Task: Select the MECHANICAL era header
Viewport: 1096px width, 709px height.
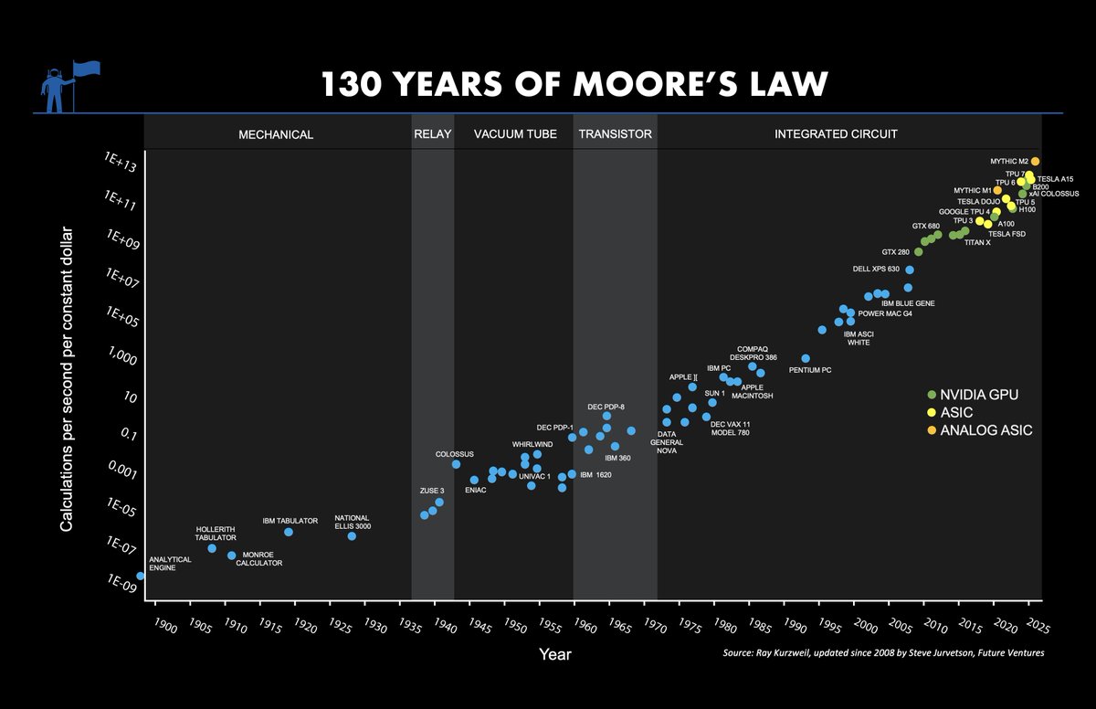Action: point(276,134)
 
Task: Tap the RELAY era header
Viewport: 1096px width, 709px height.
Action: point(432,134)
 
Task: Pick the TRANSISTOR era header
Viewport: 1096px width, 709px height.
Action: point(615,134)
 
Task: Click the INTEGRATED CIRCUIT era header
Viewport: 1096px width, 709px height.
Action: point(836,134)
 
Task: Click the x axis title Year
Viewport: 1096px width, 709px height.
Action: point(555,654)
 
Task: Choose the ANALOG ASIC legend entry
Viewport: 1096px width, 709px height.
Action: point(985,429)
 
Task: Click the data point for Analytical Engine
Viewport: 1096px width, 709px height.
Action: point(141,576)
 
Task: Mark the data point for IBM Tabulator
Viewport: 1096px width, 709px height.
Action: point(289,532)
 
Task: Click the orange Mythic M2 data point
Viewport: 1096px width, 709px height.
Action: point(1035,161)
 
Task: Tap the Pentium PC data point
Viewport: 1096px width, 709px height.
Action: point(805,358)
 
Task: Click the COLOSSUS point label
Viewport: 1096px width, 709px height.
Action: point(454,454)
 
